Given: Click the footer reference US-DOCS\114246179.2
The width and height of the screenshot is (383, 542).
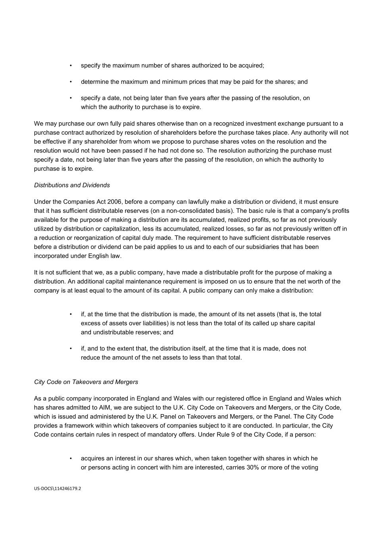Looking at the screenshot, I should tap(57, 488).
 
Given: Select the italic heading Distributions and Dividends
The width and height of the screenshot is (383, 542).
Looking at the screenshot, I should tap(72, 185).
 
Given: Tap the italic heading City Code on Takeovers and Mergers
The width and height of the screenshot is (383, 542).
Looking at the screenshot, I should tap(86, 382).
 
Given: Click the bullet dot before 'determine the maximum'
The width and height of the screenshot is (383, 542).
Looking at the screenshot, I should tap(71, 82).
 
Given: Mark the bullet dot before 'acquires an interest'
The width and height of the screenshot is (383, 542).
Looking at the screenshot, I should tap(71, 458).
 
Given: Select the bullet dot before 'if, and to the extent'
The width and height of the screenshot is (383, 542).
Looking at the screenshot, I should tap(71, 349).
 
